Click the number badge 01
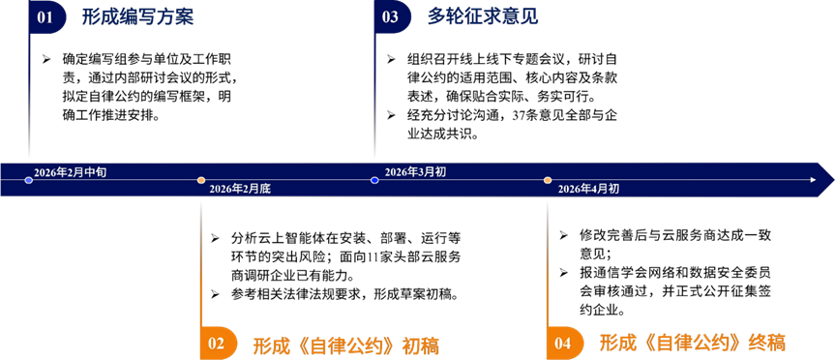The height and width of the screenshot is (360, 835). (x=46, y=17)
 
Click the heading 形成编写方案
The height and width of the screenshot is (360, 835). (x=137, y=17)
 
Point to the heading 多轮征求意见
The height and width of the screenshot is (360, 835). (x=483, y=17)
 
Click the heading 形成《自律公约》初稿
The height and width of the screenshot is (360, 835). (x=346, y=345)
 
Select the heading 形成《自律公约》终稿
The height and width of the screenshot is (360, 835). (x=693, y=344)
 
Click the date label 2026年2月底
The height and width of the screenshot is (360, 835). (x=240, y=189)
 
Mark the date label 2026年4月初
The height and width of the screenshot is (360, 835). (x=588, y=189)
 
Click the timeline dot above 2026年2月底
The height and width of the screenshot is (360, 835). (x=201, y=181)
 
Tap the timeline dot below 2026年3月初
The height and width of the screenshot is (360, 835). (x=374, y=181)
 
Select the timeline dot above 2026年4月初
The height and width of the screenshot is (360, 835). (x=548, y=181)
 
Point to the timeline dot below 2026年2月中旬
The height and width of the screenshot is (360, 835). (x=29, y=181)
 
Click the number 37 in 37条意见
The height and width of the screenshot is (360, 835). (x=519, y=116)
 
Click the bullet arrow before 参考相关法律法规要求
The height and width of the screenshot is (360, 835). (x=215, y=294)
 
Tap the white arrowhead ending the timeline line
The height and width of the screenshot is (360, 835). (x=813, y=181)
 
